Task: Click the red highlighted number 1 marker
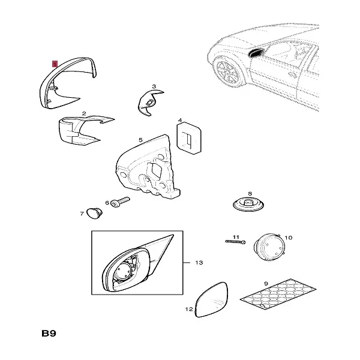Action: [x=54, y=62]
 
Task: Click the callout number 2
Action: [x=84, y=113]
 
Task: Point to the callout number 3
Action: [x=154, y=86]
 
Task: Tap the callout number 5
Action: [x=141, y=140]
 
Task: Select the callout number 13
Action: [x=199, y=263]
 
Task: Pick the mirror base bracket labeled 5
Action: [x=150, y=171]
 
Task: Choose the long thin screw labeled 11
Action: [x=235, y=242]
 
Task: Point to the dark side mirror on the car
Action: [x=254, y=55]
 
